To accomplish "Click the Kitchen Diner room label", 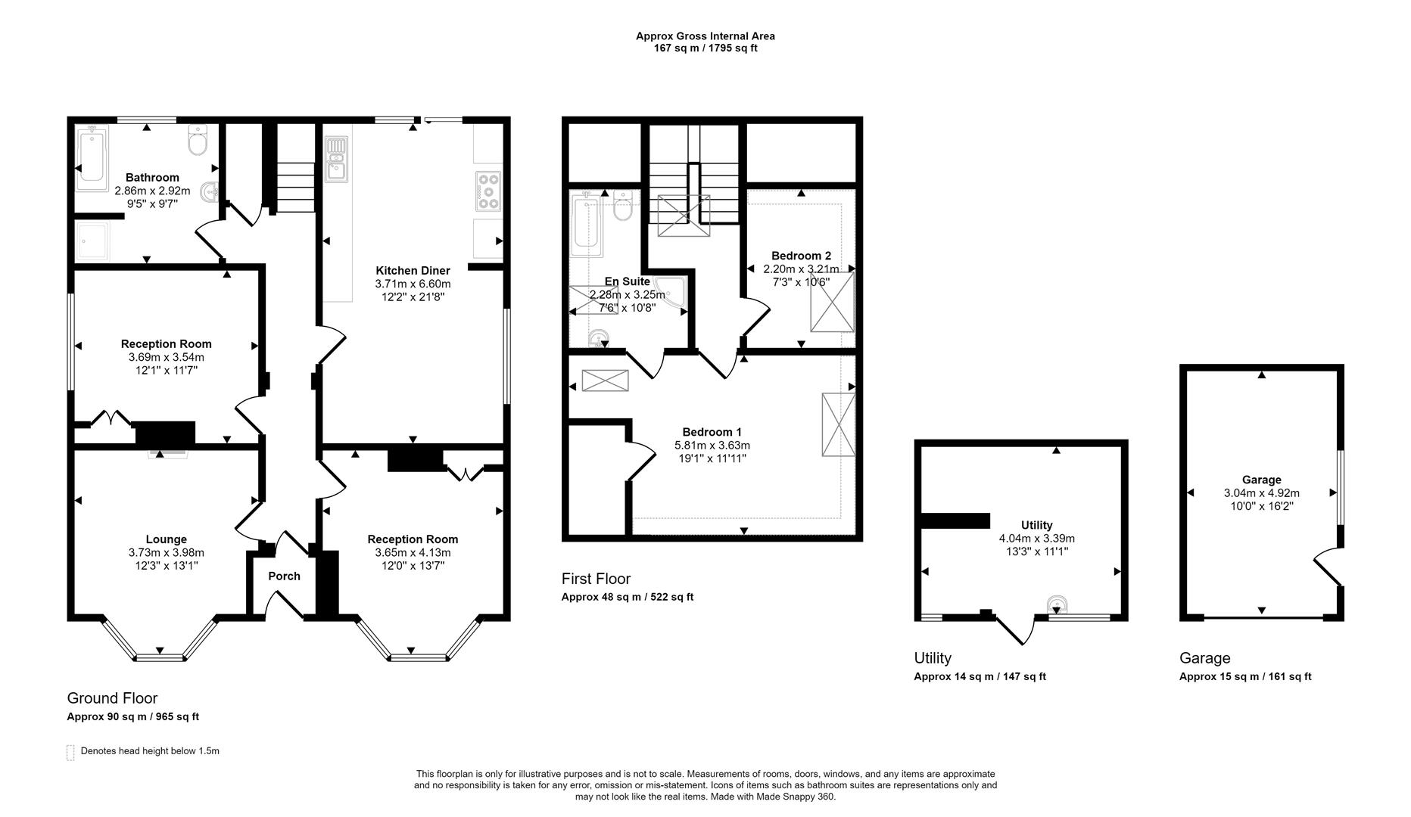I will click(413, 271).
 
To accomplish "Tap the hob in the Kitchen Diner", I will click(487, 191).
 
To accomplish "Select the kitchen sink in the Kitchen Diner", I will click(335, 160).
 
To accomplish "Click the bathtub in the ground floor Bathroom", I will click(92, 157).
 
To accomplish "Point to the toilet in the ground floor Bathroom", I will click(198, 141).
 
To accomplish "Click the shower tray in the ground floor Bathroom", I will click(93, 240).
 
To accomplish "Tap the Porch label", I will click(284, 576).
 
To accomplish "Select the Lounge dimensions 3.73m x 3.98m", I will click(166, 553).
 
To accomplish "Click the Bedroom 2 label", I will click(801, 256).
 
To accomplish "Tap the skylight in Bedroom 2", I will click(832, 302).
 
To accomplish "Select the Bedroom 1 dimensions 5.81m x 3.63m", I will click(712, 446).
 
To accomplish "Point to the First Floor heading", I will click(596, 579).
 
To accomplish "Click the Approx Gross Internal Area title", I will click(705, 36).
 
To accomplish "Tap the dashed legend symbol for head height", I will click(70, 752).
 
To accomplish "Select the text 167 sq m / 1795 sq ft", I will click(705, 48).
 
